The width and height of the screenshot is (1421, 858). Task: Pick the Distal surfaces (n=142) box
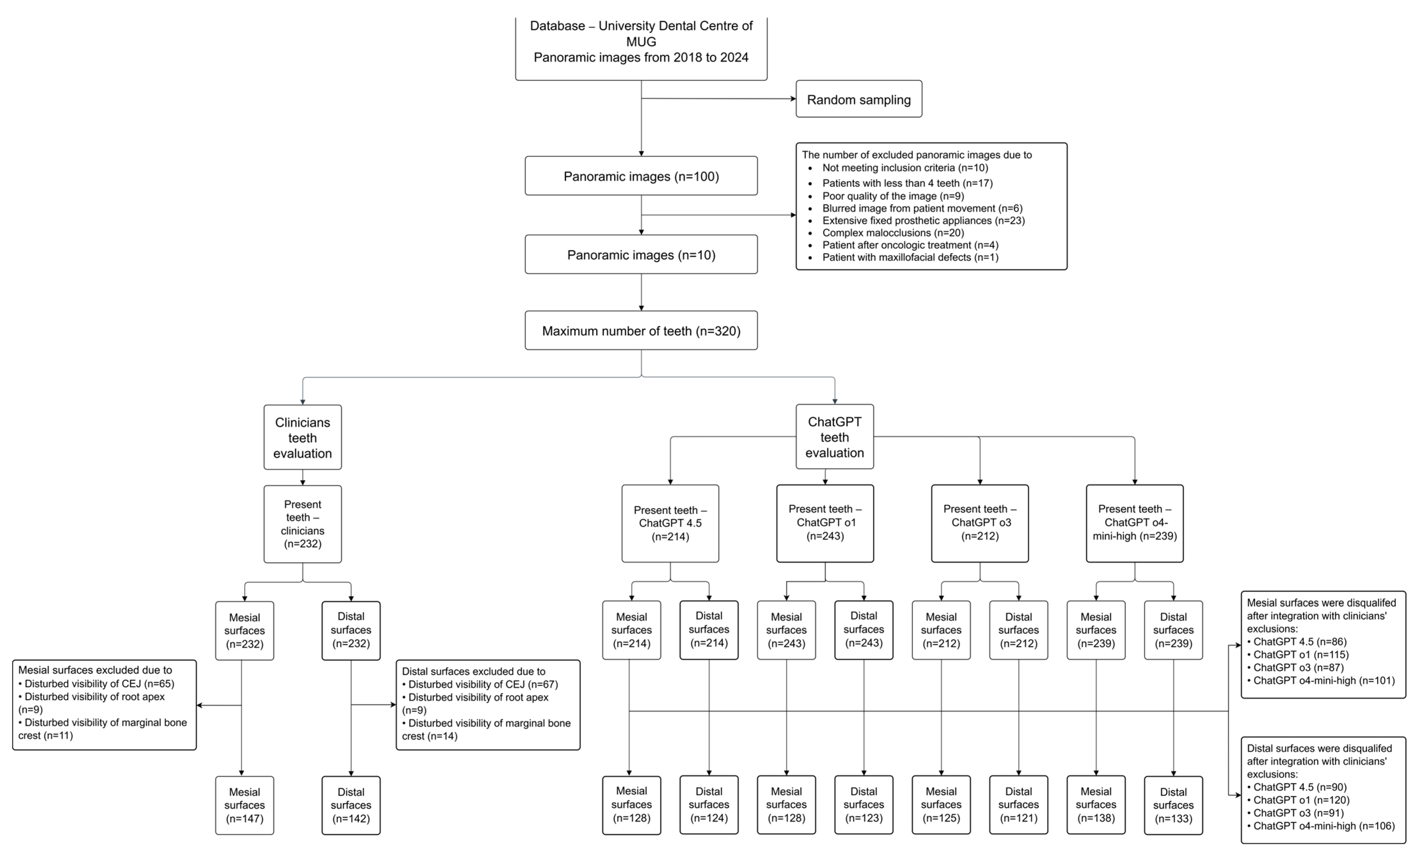tap(351, 805)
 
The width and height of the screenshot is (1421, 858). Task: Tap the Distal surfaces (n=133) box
tap(1173, 805)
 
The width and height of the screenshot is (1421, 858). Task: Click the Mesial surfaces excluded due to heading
tap(95, 670)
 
